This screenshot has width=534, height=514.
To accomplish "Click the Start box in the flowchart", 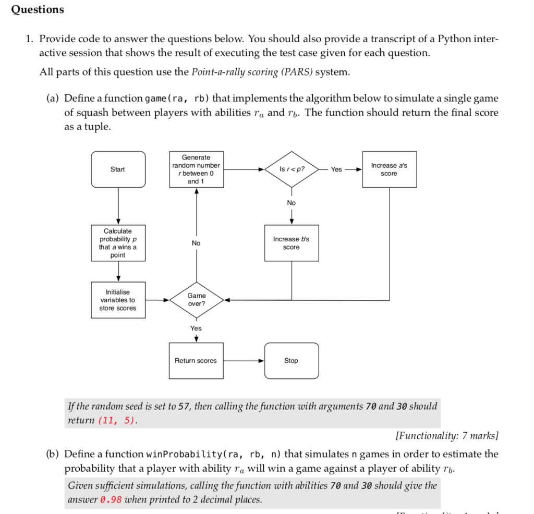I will pos(118,169).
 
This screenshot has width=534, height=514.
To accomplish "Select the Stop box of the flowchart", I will pos(291,361).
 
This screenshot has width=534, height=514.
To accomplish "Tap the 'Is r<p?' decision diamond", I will pos(292,169).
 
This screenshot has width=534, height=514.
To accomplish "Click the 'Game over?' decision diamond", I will pos(196,300).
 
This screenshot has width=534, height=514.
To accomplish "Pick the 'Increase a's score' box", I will pos(389,169).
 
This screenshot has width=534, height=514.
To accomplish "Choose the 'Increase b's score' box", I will pos(291,243).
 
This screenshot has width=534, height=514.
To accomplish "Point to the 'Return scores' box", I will pos(196,361).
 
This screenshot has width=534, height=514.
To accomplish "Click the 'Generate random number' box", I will pos(196,169).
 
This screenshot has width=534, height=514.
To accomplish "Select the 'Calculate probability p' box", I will pos(118,243).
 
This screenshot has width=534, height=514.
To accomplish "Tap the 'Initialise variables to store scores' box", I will pos(118,300).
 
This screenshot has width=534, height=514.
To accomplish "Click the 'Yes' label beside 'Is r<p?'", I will pos(337,169).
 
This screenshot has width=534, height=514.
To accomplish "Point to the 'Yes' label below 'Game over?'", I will pos(196,328).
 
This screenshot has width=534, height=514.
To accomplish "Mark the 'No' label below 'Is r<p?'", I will pos(291,203).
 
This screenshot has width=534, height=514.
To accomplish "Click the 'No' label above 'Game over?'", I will pos(196,243).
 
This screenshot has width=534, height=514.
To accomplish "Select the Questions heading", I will pos(38,10).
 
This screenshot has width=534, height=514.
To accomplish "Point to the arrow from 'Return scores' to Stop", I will pos(244,361).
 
